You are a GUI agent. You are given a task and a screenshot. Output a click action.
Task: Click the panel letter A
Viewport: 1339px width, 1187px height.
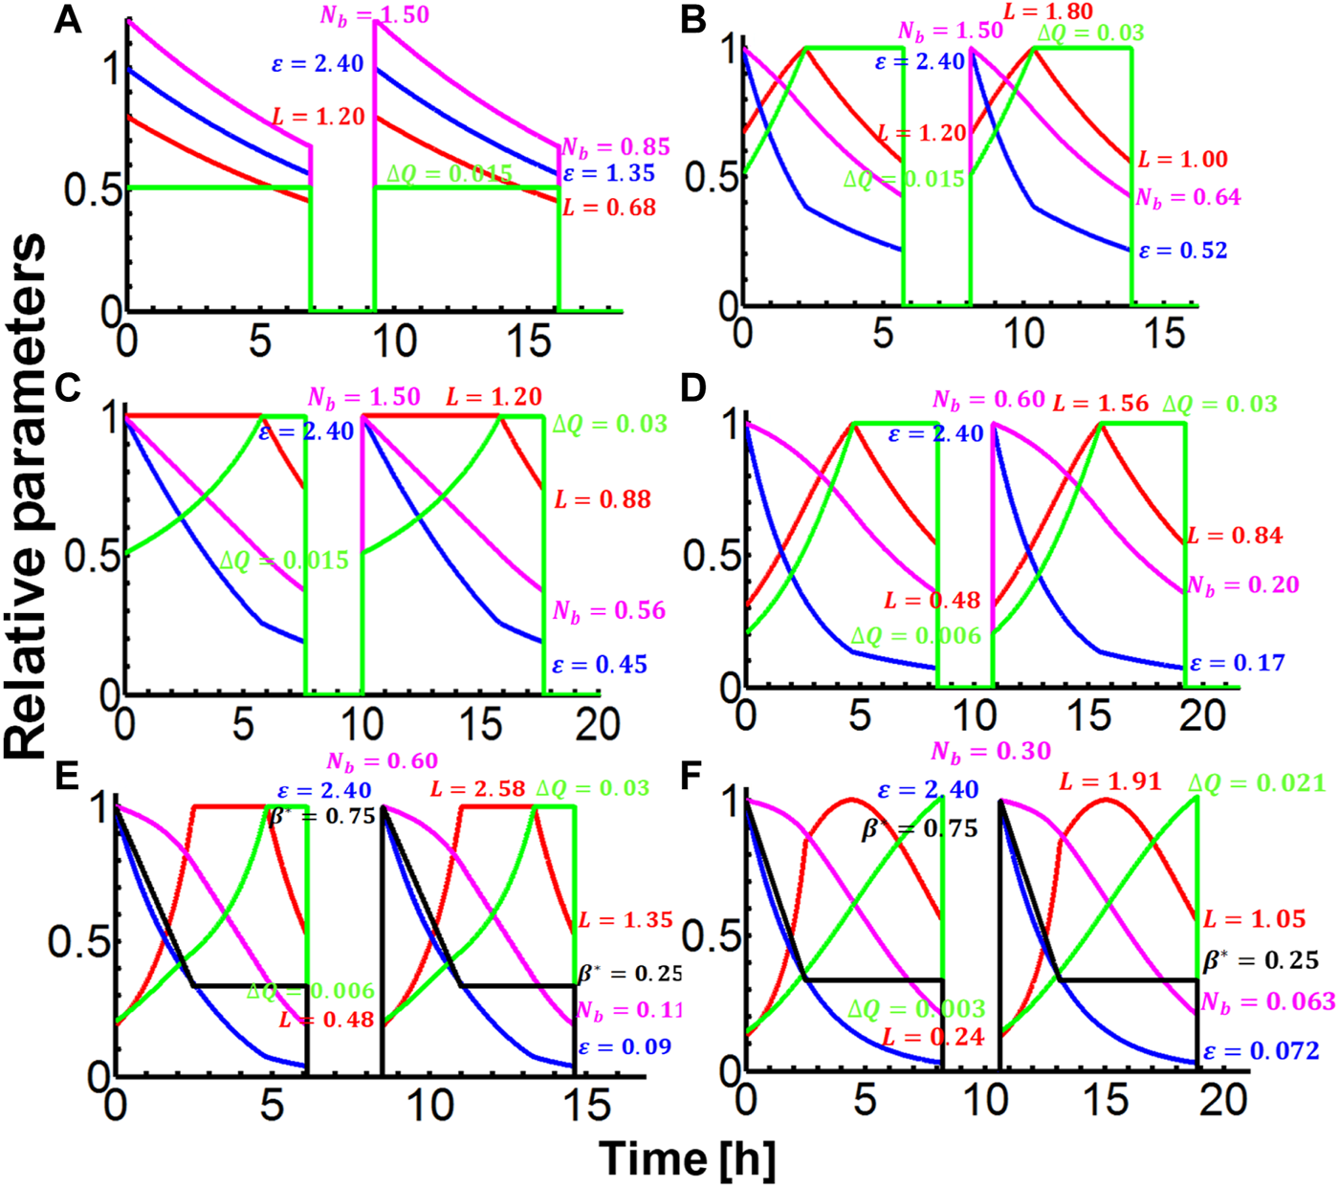(67, 19)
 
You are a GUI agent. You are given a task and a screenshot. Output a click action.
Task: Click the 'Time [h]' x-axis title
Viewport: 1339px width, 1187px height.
(687, 1158)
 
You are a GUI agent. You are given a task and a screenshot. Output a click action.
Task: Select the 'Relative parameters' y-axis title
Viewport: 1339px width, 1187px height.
(26, 496)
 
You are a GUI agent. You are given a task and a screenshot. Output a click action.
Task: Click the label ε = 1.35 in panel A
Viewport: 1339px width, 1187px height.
(609, 174)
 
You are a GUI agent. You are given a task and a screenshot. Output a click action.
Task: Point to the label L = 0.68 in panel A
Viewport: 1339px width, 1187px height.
(609, 207)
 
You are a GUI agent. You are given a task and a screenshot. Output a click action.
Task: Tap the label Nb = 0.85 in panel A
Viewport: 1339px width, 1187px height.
(615, 147)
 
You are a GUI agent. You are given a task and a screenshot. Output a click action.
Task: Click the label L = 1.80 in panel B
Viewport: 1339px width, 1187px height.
(1048, 11)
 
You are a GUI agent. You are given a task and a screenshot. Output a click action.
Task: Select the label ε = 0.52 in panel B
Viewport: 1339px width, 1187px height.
(1183, 251)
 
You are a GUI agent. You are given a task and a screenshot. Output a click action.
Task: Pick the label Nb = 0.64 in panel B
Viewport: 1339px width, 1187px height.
(1188, 198)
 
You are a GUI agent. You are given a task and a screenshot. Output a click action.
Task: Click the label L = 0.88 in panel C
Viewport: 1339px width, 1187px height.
(603, 499)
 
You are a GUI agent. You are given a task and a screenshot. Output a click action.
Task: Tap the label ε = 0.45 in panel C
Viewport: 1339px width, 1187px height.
(600, 664)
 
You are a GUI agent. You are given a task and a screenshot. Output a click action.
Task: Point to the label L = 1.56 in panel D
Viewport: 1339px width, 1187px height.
(1100, 404)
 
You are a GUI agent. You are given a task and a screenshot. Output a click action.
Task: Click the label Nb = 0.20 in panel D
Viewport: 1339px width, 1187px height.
(1242, 585)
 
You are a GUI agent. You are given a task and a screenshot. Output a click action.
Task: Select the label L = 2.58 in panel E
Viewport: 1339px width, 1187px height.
(477, 789)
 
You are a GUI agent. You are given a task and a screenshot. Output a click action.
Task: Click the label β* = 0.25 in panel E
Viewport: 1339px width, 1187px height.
(630, 974)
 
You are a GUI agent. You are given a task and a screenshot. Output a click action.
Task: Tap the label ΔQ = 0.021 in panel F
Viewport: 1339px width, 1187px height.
(1257, 783)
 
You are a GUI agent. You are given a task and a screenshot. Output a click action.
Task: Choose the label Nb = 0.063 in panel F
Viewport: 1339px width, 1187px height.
(1267, 1001)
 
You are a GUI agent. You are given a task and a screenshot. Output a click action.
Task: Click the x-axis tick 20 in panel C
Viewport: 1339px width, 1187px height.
(597, 724)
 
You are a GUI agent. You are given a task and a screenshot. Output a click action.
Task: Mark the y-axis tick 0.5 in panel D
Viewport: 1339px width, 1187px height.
(705, 556)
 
